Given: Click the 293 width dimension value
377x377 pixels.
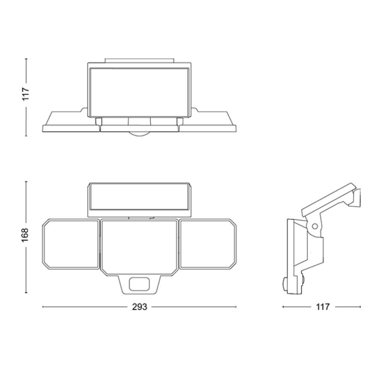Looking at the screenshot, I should pos(139,307).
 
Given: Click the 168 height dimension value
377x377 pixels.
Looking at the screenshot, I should pos(26,237).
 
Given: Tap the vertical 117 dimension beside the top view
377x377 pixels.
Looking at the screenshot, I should pos(26,95).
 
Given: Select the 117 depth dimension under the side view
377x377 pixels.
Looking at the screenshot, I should pos(321,307).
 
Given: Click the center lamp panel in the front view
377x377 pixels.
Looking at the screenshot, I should pos(139,246).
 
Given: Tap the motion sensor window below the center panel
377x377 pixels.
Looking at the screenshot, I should pos(139,284).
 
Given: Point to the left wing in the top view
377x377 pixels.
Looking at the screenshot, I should pos(69,122).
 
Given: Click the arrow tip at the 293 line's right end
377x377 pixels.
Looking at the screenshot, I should pos(236,307).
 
